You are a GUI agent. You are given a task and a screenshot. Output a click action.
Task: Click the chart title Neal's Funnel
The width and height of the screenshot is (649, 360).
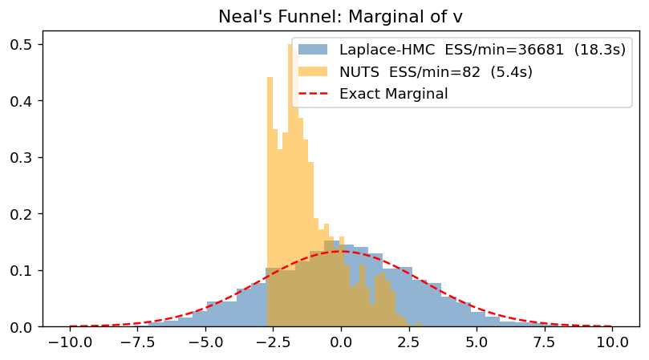coord(341,16)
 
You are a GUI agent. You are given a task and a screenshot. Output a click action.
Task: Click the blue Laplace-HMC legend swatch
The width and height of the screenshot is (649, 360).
coord(314,50)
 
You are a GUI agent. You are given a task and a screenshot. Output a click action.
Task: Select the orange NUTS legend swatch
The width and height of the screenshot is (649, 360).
coord(314,72)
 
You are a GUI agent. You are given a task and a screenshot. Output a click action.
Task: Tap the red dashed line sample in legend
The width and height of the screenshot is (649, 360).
coord(314,94)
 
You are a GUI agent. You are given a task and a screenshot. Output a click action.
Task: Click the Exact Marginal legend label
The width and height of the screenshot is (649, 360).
coord(393,94)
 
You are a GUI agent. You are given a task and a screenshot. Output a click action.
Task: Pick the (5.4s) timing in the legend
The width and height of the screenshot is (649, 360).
coord(510,72)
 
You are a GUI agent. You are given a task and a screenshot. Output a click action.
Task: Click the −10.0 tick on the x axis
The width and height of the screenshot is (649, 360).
coord(69,343)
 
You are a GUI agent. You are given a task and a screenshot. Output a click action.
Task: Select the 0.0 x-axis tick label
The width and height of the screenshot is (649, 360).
coord(341,343)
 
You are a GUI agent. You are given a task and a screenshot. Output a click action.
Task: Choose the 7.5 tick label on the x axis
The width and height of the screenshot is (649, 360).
coord(544,343)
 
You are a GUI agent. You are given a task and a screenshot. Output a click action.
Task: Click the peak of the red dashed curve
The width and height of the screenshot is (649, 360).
coord(341,251)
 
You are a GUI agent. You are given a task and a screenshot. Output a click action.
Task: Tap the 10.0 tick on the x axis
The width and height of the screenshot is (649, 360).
coord(612,343)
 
